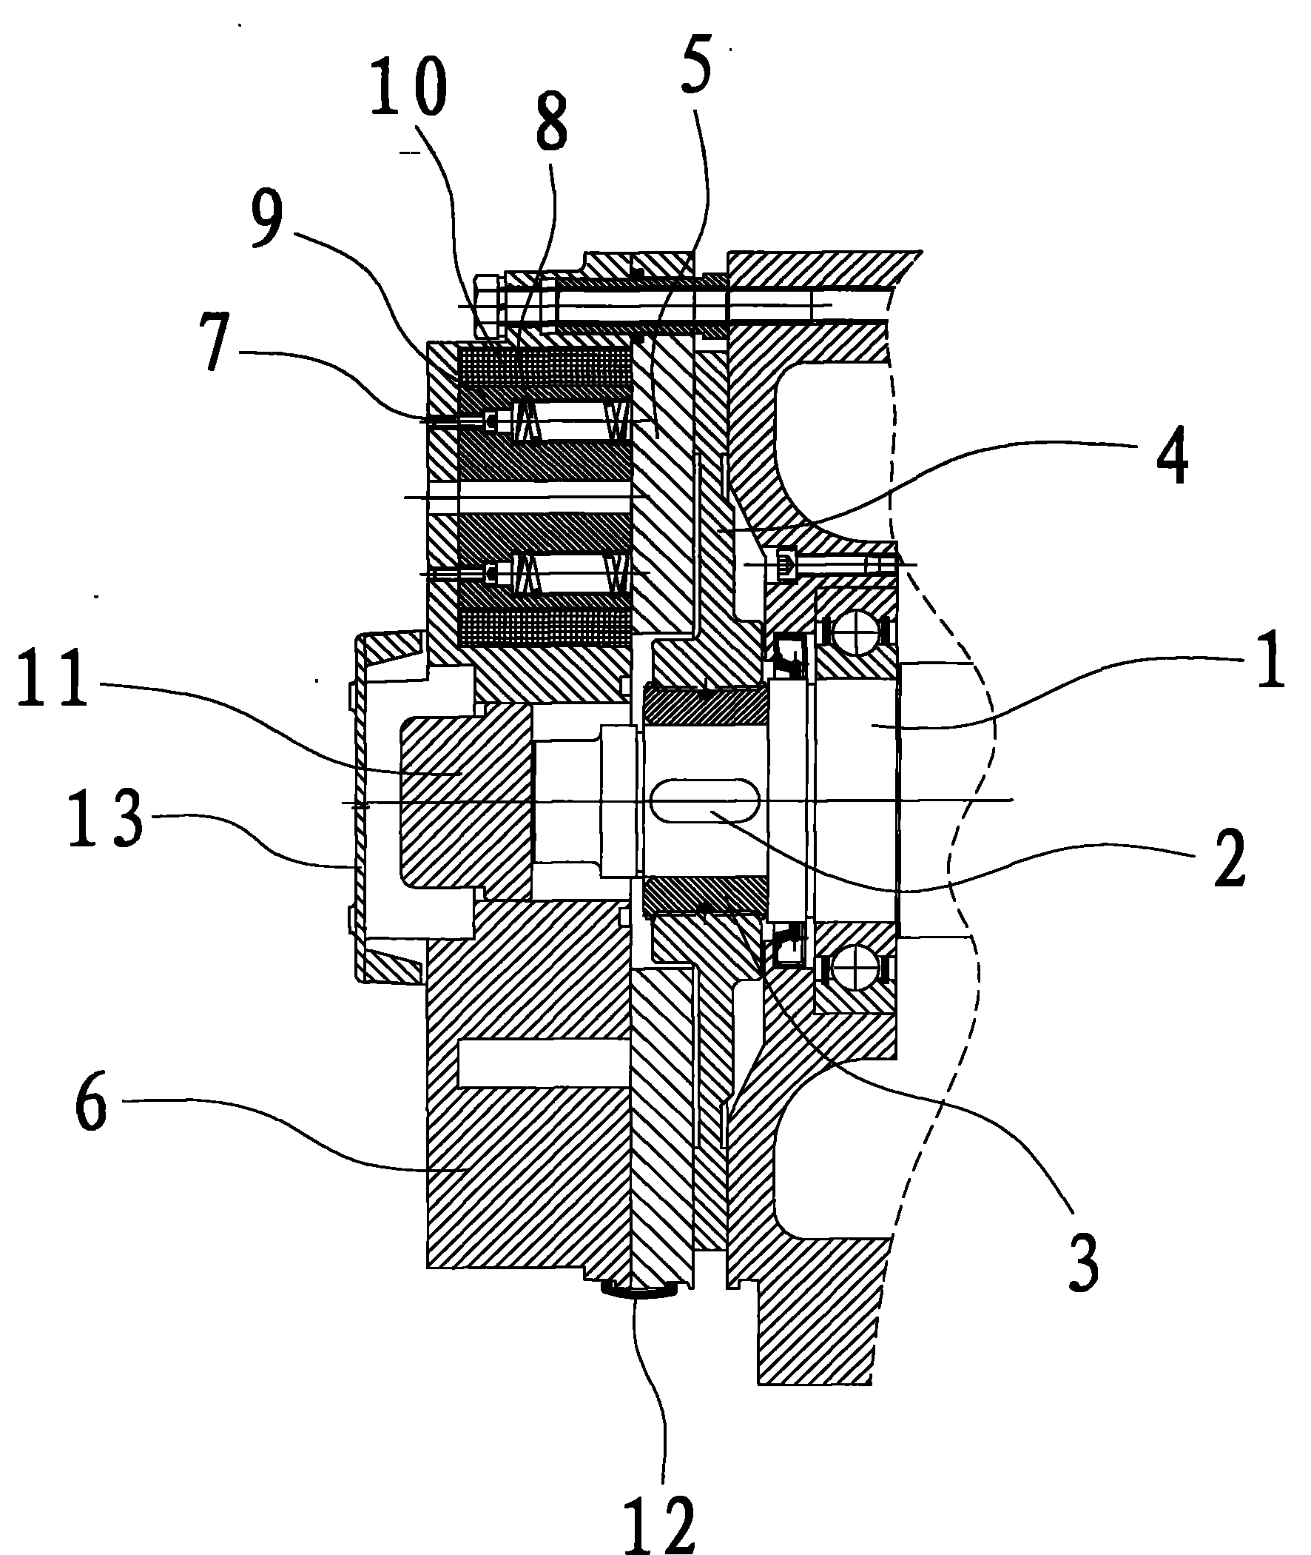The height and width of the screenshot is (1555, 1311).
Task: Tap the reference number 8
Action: pos(551,121)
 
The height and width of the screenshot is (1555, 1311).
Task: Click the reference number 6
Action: pos(91,1186)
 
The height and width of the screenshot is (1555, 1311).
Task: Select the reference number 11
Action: pos(53,678)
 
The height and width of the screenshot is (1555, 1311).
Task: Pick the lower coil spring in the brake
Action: pos(572,572)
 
